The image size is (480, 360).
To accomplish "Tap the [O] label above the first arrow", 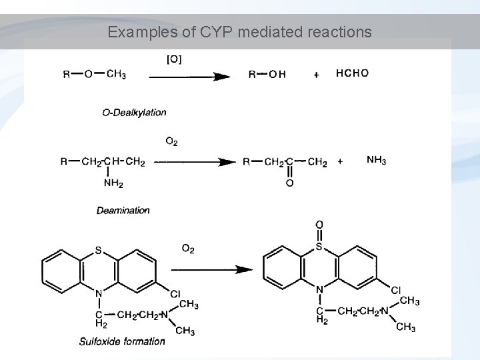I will [173, 60].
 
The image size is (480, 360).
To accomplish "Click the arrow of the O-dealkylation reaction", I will [190, 77].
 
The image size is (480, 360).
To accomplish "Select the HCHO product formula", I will [352, 73].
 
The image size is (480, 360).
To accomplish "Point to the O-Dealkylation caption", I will [134, 112].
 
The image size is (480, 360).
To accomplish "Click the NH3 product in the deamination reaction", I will [377, 160].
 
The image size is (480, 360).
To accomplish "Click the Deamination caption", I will [123, 210].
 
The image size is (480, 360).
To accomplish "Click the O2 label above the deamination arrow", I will [171, 141].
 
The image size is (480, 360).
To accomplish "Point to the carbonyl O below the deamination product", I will [289, 183].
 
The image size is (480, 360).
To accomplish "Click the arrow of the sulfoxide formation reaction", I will [211, 269].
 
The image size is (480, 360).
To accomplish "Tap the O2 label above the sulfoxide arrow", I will [188, 249].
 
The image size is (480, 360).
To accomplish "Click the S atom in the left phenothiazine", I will [98, 251].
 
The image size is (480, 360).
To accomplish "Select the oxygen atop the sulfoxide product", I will [319, 225].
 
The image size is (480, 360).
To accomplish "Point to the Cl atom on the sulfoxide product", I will [395, 290].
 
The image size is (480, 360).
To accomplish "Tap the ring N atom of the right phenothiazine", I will [319, 289].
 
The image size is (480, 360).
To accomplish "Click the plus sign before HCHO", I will [315, 75].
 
